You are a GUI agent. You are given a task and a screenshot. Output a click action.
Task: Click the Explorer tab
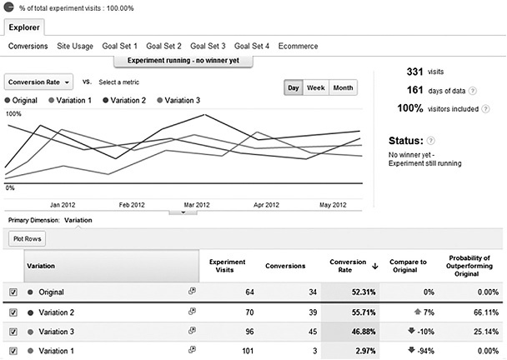click(x=25, y=27)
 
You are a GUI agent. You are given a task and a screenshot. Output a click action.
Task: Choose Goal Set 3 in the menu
click(x=207, y=46)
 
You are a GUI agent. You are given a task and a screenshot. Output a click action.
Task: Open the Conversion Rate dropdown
click(x=39, y=82)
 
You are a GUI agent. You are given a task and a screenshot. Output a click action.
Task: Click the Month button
click(x=343, y=87)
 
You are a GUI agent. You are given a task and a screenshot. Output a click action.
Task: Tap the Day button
click(x=294, y=87)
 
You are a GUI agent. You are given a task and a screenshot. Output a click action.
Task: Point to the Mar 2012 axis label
click(x=197, y=203)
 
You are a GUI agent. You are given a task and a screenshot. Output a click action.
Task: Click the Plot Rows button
click(x=28, y=238)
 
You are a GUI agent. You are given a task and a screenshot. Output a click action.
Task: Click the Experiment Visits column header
click(x=228, y=265)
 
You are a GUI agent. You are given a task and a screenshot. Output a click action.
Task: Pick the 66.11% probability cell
click(x=483, y=312)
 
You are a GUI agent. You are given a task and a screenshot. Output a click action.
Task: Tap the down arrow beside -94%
click(x=411, y=351)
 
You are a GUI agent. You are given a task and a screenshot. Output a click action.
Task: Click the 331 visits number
click(x=415, y=72)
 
